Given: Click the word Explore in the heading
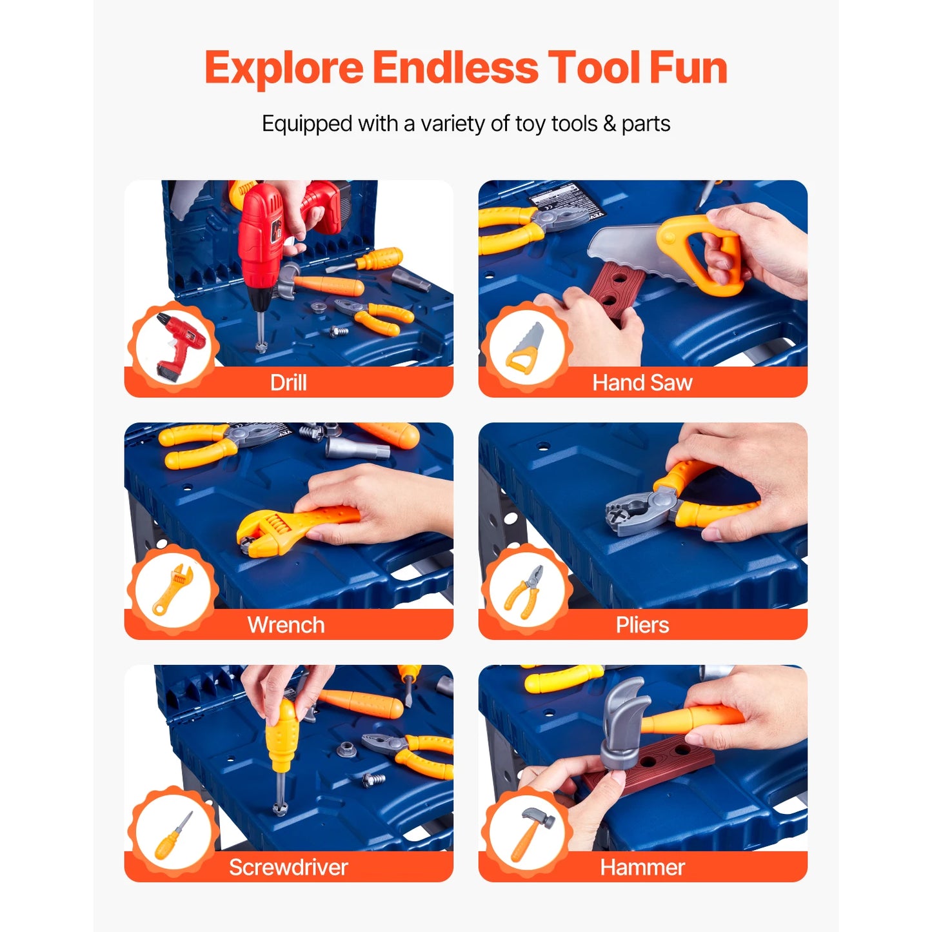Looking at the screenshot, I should tap(284, 68).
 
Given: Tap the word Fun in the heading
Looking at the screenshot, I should tap(688, 68).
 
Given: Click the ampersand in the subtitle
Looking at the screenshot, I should tap(609, 123).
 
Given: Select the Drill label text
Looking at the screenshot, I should tap(288, 382).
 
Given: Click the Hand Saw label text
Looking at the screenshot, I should tap(642, 382).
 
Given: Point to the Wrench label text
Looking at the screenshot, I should tap(286, 625).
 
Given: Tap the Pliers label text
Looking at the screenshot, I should tap(642, 625).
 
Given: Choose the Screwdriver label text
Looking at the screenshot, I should tap(288, 868).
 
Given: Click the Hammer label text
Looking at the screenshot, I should tap(642, 868).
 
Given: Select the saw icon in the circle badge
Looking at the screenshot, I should tap(526, 348).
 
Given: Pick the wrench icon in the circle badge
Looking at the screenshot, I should tap(172, 588).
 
